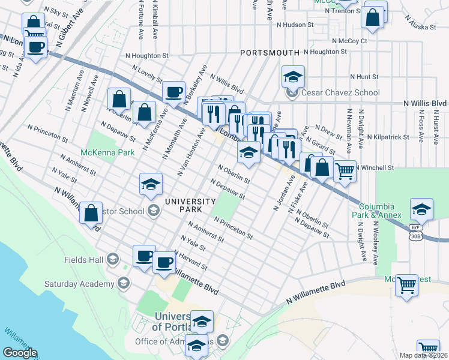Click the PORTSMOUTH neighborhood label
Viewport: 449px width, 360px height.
click(x=270, y=53)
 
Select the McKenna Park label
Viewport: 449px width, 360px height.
click(x=107, y=152)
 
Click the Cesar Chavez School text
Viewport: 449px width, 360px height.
click(x=340, y=92)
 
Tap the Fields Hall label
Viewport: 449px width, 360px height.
click(x=83, y=260)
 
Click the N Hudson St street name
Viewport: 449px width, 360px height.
click(x=295, y=25)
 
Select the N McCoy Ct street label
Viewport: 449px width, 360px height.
click(x=349, y=41)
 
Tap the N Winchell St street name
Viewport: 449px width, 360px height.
click(x=375, y=167)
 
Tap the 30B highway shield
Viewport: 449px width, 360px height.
click(x=415, y=236)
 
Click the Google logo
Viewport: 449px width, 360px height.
click(x=20, y=353)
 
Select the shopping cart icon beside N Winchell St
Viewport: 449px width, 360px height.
click(x=345, y=171)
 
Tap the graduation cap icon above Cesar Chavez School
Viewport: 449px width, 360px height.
click(x=293, y=76)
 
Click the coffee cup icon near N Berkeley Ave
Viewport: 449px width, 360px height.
click(x=173, y=91)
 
